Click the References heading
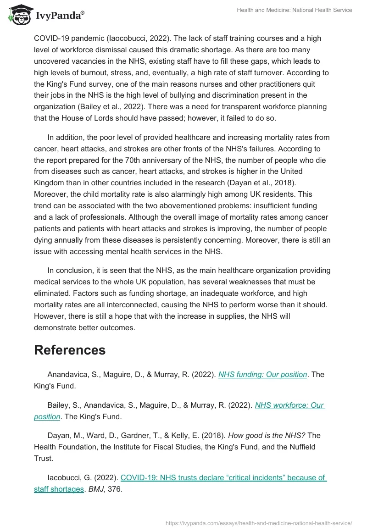pos(70,350)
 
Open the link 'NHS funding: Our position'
pos(262,374)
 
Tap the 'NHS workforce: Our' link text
pos(289,405)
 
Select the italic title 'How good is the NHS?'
pos(267,435)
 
